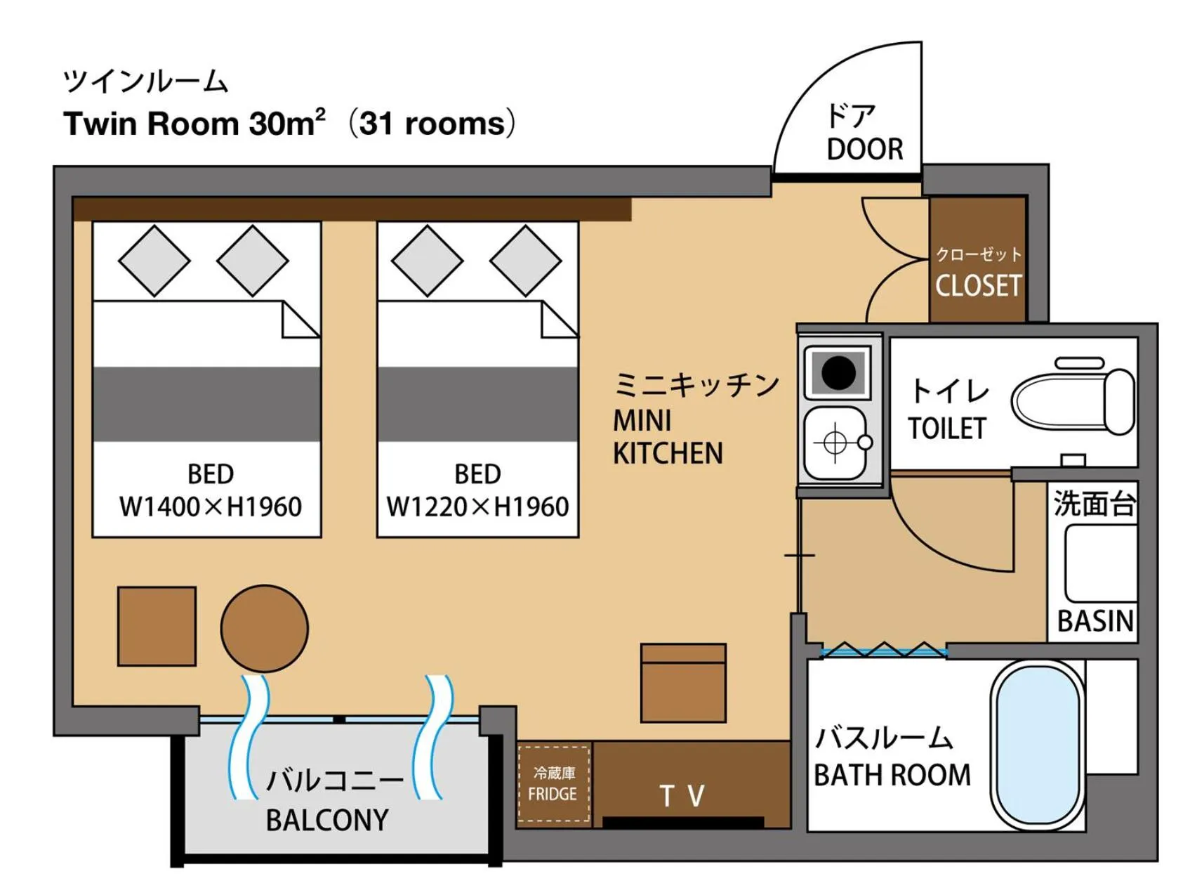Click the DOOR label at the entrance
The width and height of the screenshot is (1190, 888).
(864, 149)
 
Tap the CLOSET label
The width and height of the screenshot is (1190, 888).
(978, 285)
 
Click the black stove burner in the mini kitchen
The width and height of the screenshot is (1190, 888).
(838, 372)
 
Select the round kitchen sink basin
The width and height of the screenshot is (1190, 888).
(835, 443)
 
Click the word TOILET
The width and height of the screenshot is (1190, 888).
(946, 428)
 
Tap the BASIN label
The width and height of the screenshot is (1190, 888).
(1095, 620)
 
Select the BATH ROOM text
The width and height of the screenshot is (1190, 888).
(892, 775)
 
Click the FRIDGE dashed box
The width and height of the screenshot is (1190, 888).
(553, 783)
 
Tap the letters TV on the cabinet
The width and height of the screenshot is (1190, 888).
(682, 796)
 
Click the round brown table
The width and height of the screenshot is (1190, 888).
(264, 628)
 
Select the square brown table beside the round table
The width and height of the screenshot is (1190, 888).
(157, 626)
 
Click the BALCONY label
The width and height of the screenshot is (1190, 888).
(326, 820)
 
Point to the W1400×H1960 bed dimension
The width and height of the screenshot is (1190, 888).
(210, 507)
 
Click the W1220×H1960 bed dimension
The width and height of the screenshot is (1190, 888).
(477, 507)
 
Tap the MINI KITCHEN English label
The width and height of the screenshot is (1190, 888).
(667, 437)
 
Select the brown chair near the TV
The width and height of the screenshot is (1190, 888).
(682, 683)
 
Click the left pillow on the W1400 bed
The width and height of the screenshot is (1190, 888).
(154, 261)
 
